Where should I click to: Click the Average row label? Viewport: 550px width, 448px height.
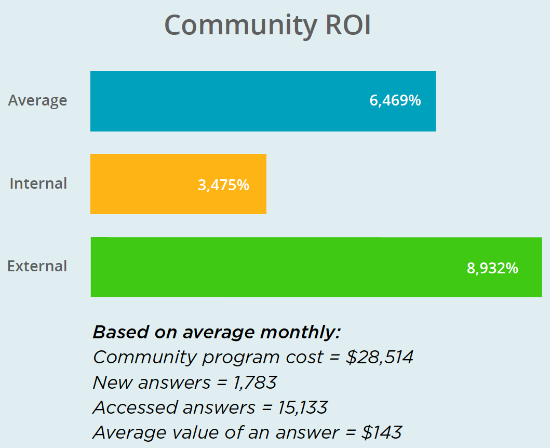click(37, 100)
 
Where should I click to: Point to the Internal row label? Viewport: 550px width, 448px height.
click(38, 183)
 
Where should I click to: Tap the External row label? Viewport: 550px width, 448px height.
click(37, 266)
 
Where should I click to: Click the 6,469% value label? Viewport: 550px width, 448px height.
click(395, 101)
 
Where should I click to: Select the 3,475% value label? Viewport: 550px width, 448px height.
click(223, 185)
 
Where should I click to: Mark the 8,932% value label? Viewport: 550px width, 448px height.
click(492, 269)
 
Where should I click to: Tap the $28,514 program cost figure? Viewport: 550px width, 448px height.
click(379, 358)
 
